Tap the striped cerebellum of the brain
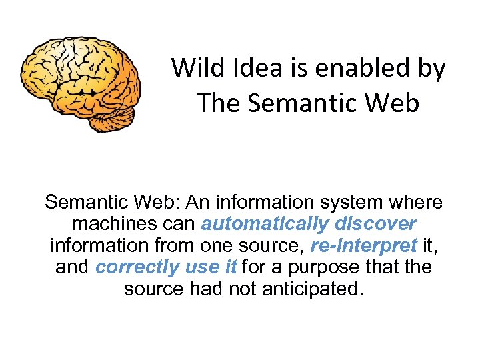tap(110, 118)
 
